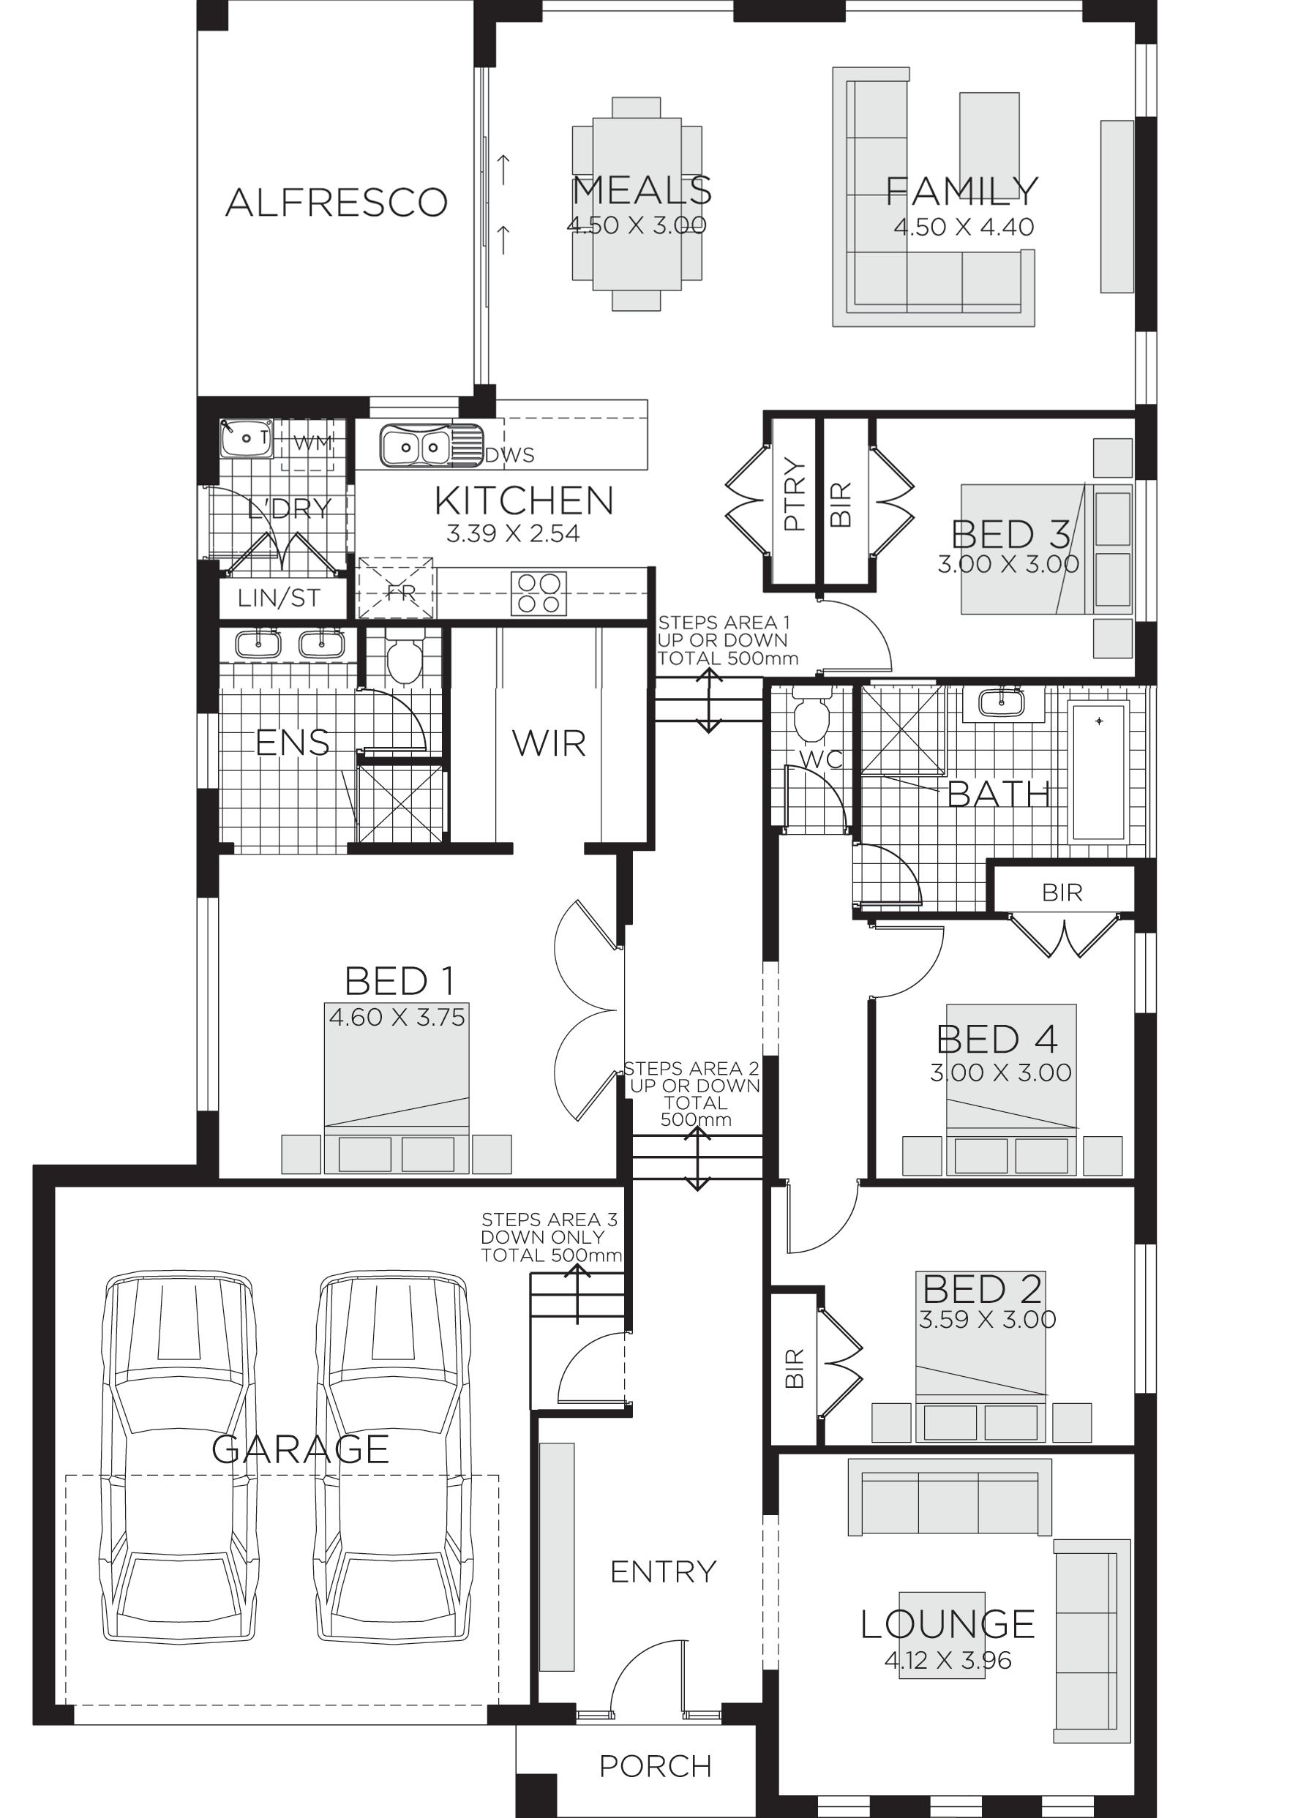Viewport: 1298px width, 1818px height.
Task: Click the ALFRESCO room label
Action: coord(336,202)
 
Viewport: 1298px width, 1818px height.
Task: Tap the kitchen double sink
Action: coord(415,444)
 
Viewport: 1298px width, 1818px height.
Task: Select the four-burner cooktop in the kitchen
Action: coord(538,593)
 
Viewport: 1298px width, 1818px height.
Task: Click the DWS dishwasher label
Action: coord(510,455)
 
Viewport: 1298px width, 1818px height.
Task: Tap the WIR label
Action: coord(549,744)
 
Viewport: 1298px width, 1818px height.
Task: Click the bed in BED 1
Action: coord(397,1087)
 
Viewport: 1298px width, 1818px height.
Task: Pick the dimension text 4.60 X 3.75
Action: coord(397,1018)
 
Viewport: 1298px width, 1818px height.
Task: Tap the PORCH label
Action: coord(656,1766)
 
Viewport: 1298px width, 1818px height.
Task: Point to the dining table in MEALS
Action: coord(637,204)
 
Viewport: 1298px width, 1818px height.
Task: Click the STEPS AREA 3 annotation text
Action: coord(551,1238)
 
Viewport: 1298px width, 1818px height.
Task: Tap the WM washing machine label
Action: coord(311,443)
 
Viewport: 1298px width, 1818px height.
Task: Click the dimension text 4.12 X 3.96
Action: coord(948,1661)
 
